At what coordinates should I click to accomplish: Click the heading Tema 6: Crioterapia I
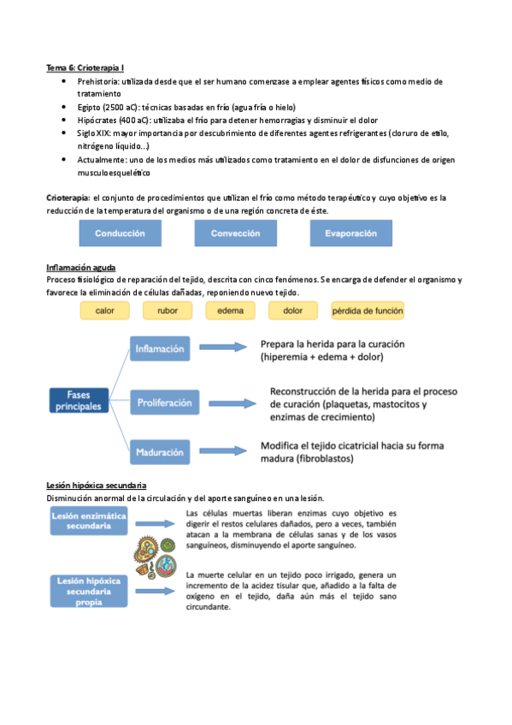tap(87, 67)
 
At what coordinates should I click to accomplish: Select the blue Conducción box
tap(119, 233)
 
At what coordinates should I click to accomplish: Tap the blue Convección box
tap(235, 233)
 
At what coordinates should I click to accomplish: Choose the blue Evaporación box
tap(350, 233)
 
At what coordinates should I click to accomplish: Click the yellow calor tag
tap(105, 311)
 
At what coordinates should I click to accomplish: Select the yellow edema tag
tap(230, 311)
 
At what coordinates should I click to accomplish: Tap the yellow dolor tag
tap(292, 311)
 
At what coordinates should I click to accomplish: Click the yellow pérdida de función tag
tap(368, 311)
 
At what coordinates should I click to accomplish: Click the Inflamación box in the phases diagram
tap(160, 349)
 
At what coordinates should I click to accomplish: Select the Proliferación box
tap(166, 402)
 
